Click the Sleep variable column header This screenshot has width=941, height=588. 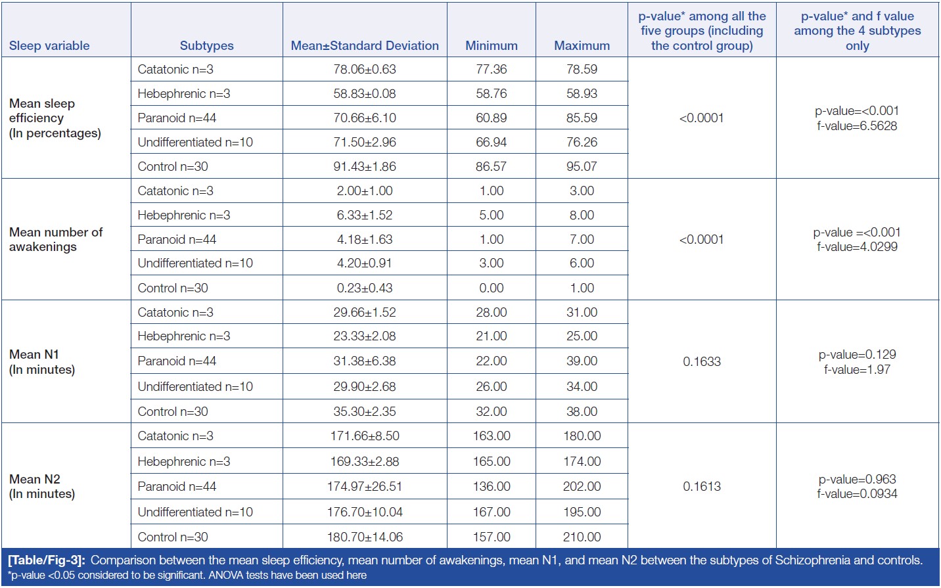pos(49,45)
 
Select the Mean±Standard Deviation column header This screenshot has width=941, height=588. pos(365,45)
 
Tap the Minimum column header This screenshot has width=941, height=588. pos(491,45)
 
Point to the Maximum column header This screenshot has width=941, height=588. pos(582,45)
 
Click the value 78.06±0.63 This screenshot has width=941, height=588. pos(365,69)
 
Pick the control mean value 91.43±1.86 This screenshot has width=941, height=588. pos(365,166)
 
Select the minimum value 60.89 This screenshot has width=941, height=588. pos(491,118)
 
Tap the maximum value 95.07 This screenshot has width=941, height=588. pos(582,166)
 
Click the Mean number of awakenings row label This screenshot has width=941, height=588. pos(56,239)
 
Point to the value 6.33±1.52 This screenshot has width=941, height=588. pos(365,215)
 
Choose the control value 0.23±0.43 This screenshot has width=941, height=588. pos(365,288)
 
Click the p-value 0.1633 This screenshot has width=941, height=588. pos(702,361)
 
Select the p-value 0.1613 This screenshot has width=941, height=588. pos(702,486)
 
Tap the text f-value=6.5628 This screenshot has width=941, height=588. pos(857,125)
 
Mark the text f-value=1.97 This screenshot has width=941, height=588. pos(857,369)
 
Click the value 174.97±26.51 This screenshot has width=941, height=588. pos(365,486)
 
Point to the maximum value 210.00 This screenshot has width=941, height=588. pos(582,537)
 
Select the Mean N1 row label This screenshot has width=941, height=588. pos(42,361)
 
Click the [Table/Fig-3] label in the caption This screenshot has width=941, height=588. pos(47,560)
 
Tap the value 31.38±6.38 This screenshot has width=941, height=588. pos(365,361)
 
